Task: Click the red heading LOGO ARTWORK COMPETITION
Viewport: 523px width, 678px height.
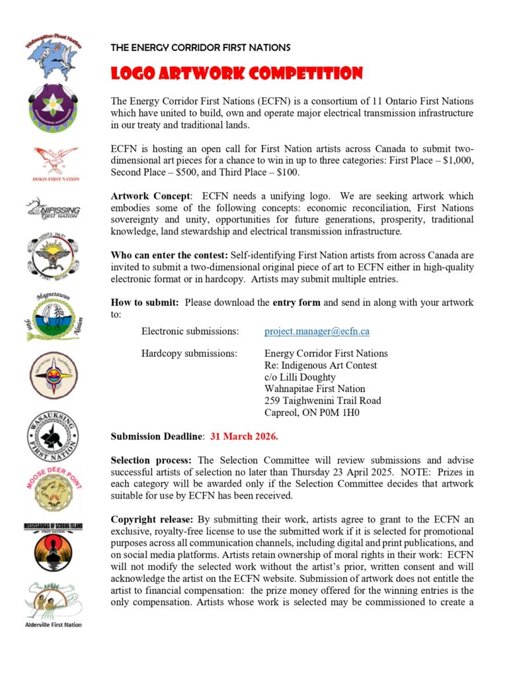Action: (237, 73)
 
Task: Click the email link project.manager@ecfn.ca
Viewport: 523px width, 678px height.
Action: (307, 330)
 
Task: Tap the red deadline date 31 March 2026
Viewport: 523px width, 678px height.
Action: (244, 437)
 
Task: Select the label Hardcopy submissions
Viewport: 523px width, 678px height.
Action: (189, 353)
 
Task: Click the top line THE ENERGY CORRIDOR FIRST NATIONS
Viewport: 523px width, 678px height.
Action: (200, 48)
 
